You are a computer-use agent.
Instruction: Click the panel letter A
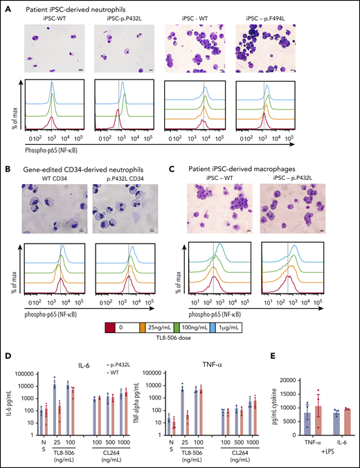point(6,6)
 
